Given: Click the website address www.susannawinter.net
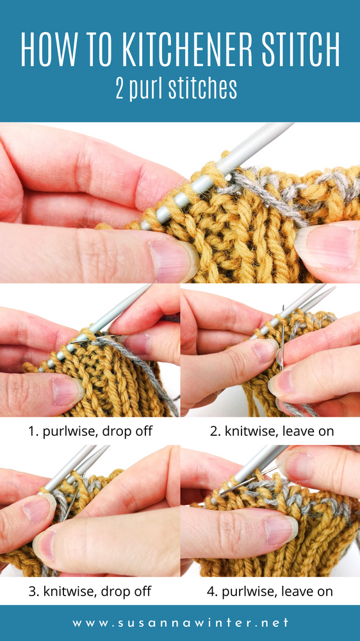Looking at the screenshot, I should tap(180, 622).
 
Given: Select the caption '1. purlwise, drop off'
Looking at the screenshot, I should tap(90, 431).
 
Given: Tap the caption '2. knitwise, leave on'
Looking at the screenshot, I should tap(272, 431).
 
